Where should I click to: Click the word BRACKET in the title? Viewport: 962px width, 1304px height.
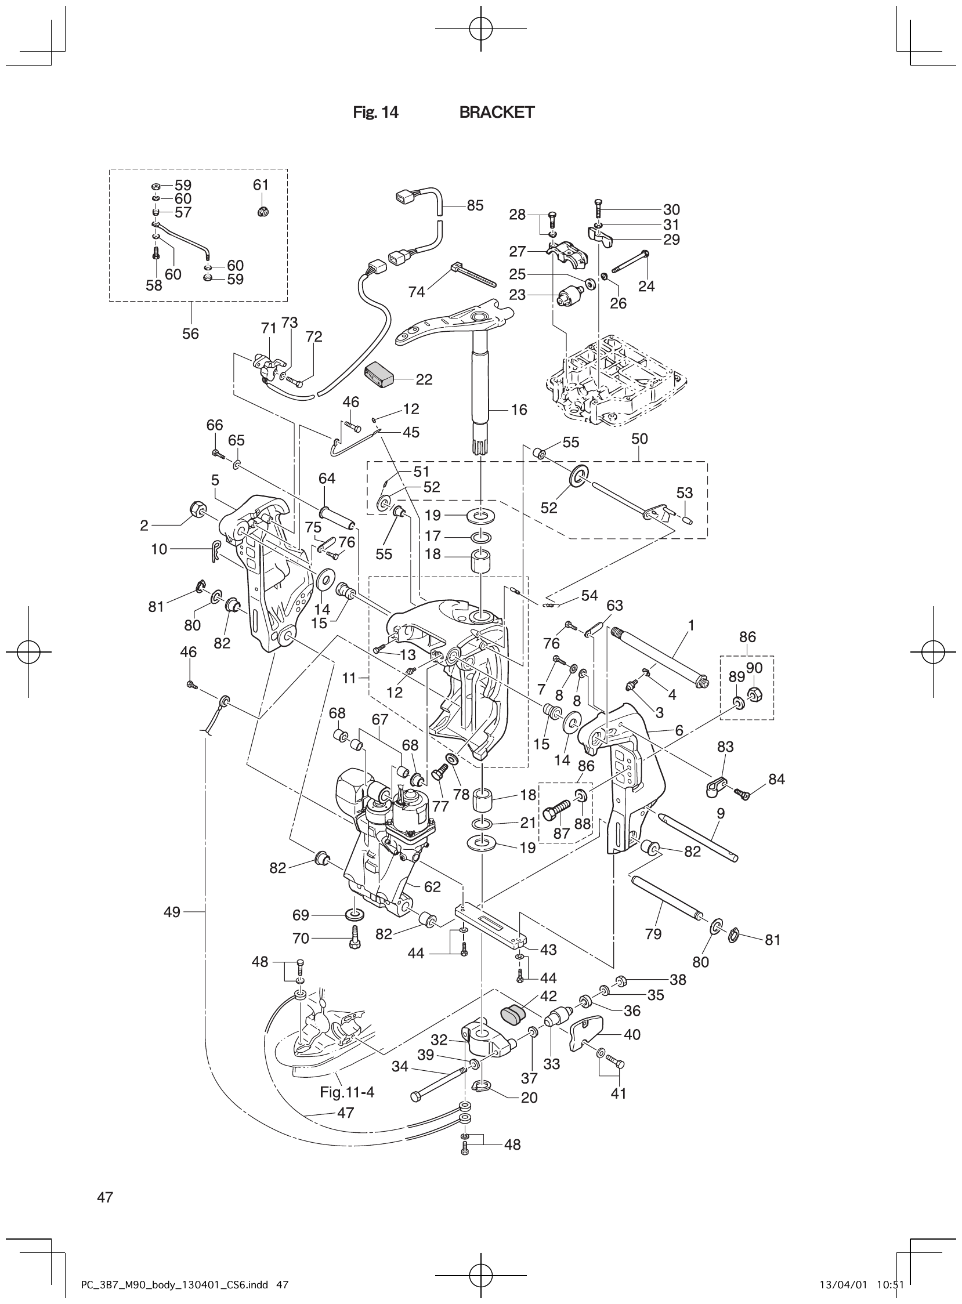496,113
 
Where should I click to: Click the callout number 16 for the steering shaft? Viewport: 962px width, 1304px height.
518,410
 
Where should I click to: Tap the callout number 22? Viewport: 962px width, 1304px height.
424,379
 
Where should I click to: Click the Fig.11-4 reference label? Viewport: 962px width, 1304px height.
347,1092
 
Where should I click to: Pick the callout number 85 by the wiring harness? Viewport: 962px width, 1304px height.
475,205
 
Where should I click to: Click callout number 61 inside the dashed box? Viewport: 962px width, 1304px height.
261,185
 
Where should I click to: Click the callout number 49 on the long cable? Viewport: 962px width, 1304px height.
172,912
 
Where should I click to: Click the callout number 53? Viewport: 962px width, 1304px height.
684,493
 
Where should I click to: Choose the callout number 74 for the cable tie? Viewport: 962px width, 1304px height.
417,292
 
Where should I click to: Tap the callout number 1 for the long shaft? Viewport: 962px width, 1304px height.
690,625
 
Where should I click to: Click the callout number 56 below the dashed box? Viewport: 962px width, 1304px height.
190,334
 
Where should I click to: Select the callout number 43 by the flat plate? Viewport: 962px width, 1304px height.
548,950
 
